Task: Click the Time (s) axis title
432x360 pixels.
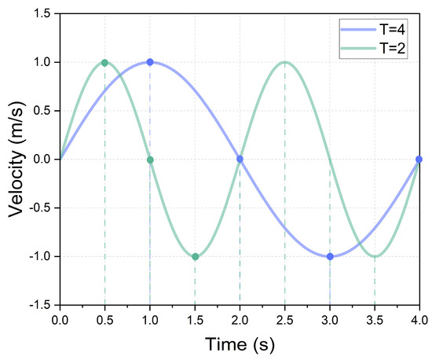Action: [x=239, y=344]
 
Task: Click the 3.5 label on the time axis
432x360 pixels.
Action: [x=375, y=320]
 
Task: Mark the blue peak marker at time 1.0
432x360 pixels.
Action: [x=150, y=62]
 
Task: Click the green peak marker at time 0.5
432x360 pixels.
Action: [x=104, y=63]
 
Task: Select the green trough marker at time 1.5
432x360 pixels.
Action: [x=195, y=256]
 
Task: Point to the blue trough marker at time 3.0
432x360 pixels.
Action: [x=330, y=256]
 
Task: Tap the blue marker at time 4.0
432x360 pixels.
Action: [x=419, y=160]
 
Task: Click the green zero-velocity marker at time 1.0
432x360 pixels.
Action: [x=150, y=160]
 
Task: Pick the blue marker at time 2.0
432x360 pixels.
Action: [x=240, y=160]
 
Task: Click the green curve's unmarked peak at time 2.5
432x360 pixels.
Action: [x=285, y=62]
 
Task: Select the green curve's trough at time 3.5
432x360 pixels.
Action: [x=375, y=256]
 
